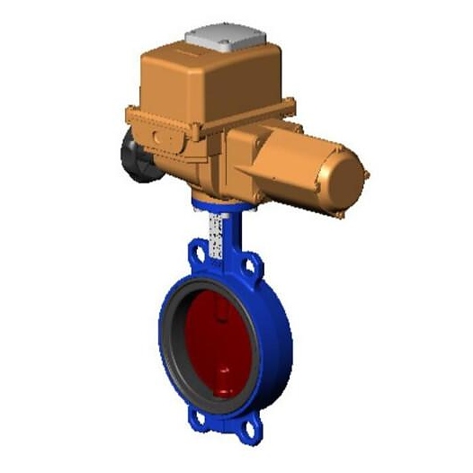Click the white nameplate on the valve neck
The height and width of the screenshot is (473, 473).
[216, 236]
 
